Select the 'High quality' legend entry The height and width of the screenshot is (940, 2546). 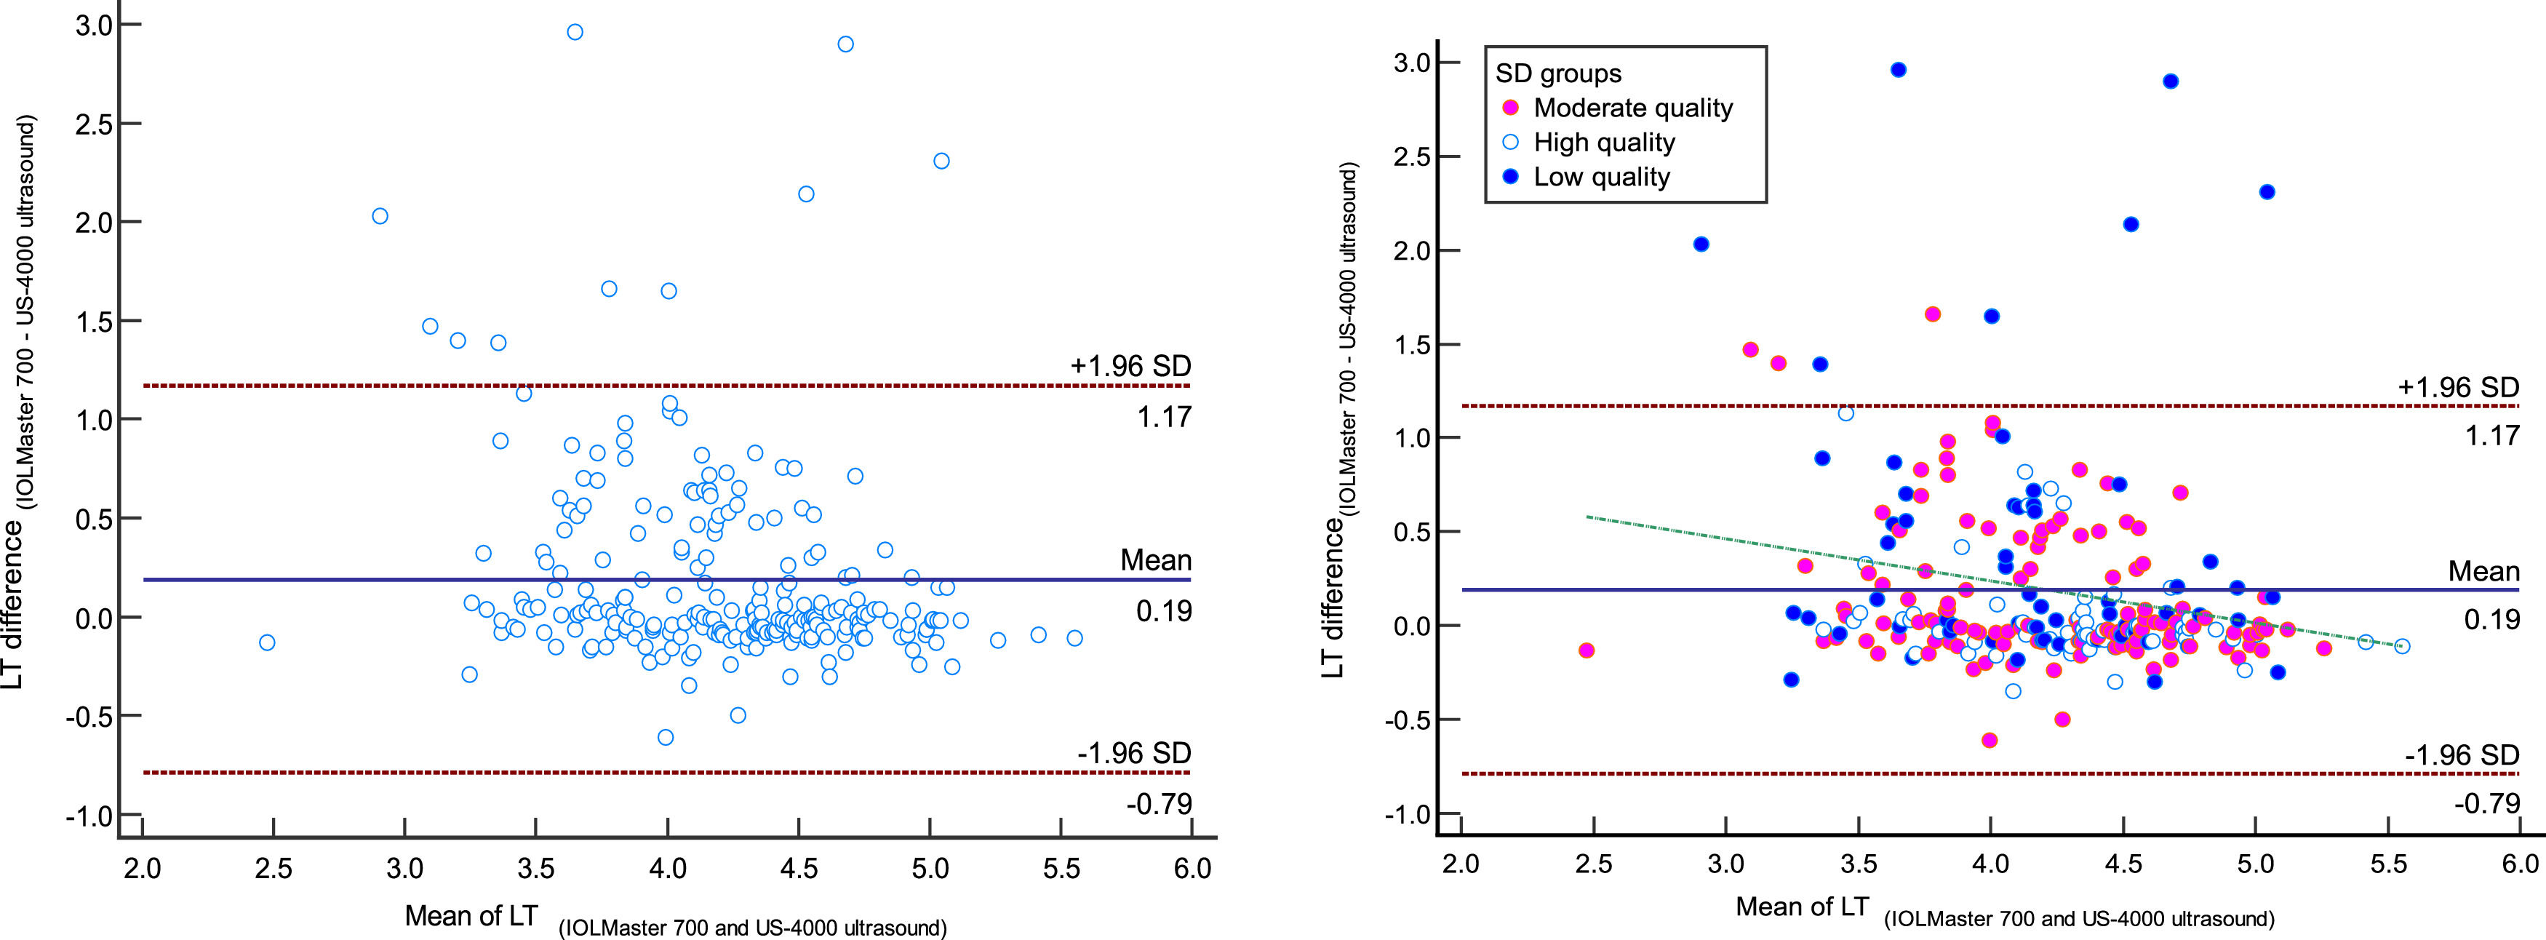pos(1603,143)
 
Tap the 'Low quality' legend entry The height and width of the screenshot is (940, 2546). pos(1600,177)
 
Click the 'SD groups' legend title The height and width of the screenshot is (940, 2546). pos(1557,73)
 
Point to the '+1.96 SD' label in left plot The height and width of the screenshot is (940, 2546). pos(1130,366)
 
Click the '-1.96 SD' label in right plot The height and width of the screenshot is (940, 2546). pos(2461,755)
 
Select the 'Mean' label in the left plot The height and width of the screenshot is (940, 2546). pos(1154,560)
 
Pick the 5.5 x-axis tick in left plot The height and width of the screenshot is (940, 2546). pos(1061,869)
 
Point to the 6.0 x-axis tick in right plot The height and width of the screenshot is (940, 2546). pos(2519,863)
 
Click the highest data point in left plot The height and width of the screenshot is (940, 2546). pos(574,31)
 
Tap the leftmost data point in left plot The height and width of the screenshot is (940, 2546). pos(267,642)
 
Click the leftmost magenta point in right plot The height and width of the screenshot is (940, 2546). pos(1587,650)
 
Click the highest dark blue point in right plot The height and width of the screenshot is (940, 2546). pos(1898,69)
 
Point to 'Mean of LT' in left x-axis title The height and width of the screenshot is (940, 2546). pos(471,916)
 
